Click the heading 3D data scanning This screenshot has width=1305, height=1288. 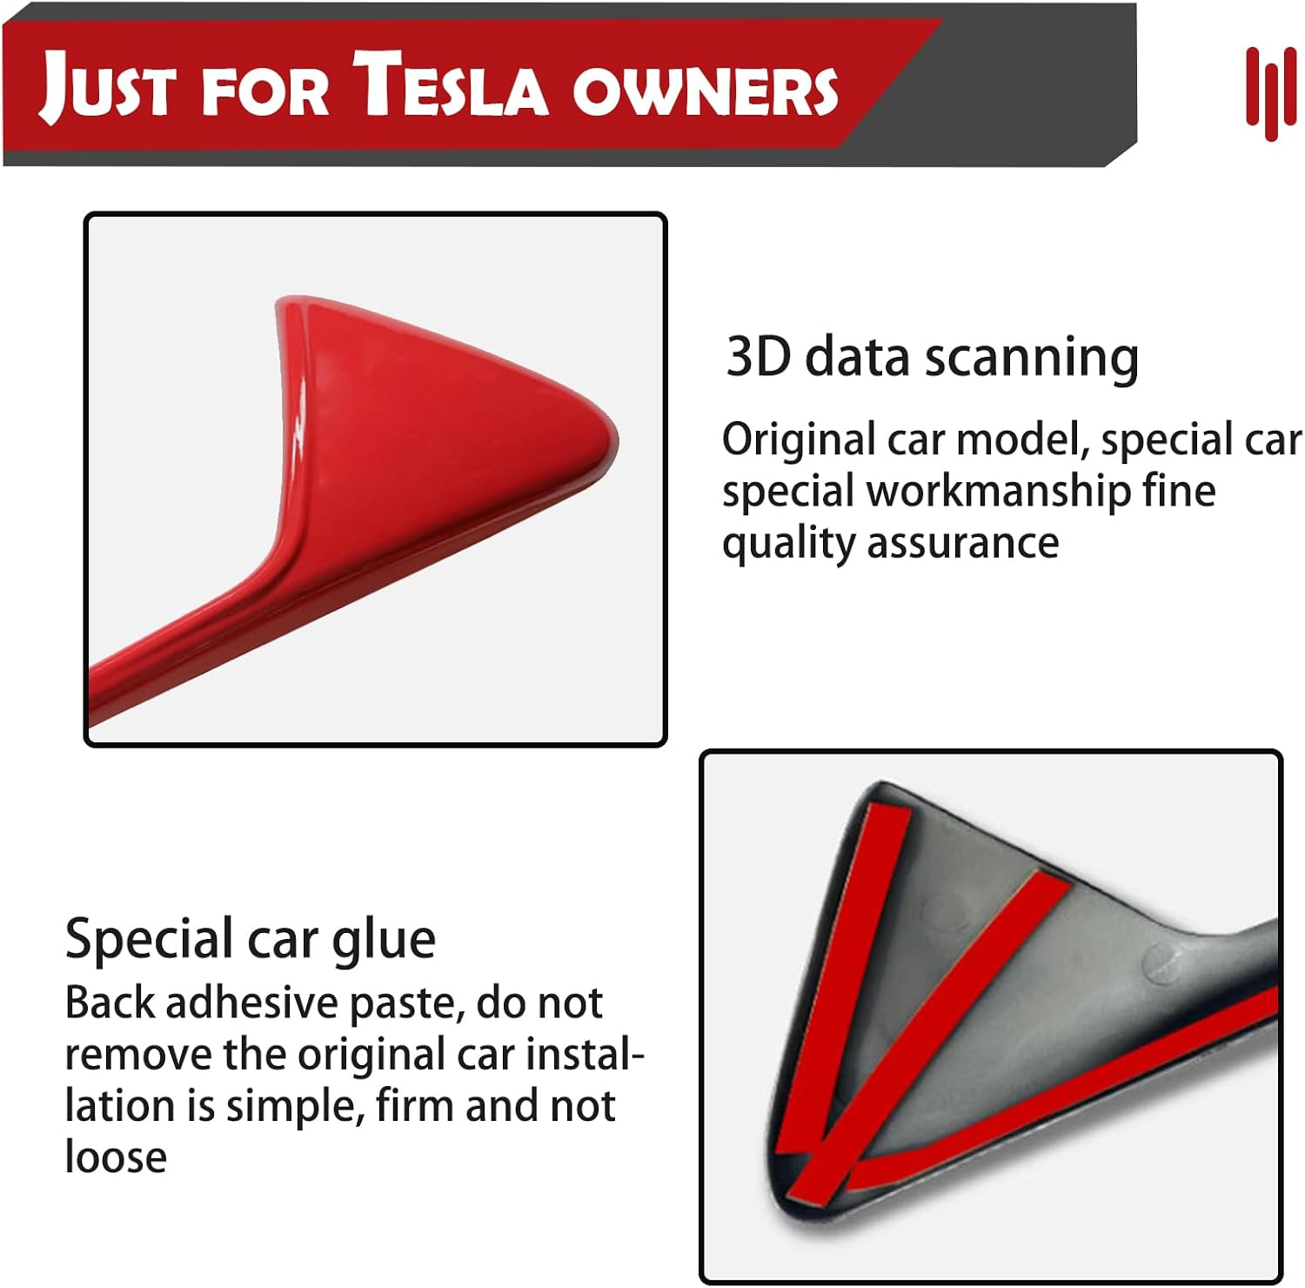point(932,357)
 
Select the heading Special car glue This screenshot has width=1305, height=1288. point(251,939)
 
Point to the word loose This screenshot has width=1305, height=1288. point(116,1157)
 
